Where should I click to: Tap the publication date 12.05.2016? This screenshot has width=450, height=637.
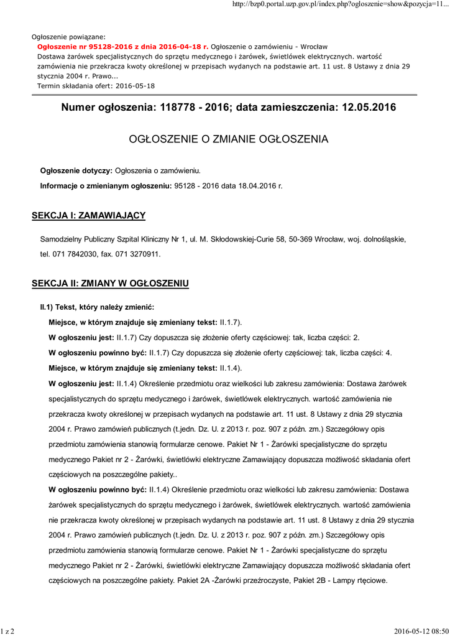tap(369, 108)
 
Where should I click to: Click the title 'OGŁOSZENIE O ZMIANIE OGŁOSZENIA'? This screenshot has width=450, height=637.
tap(228, 139)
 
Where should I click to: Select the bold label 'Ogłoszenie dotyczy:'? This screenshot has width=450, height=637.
tap(76, 170)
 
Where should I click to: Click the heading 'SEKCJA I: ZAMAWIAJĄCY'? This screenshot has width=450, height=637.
tap(88, 215)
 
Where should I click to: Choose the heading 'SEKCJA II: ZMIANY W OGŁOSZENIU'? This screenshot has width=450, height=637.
tap(110, 284)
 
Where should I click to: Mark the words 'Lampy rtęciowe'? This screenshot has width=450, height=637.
tap(364, 581)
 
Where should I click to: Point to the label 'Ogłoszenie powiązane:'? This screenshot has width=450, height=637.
tap(68, 37)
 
